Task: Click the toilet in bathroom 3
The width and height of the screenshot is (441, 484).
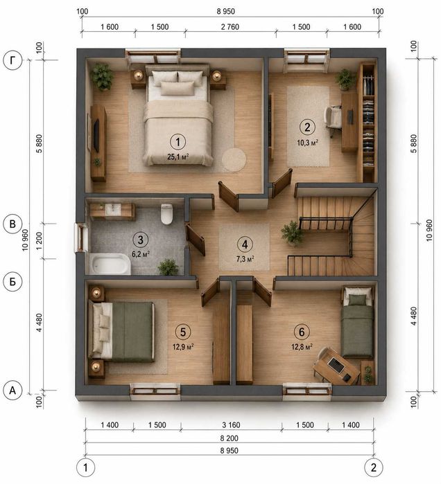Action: click(166, 213)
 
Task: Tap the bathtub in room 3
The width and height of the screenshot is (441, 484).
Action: click(110, 264)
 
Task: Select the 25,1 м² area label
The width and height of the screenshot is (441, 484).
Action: click(178, 156)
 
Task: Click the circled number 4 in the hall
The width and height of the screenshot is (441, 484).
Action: click(245, 244)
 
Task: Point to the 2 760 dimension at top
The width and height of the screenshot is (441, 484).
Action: click(230, 27)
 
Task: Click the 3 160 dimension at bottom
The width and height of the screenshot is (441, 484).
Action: click(231, 424)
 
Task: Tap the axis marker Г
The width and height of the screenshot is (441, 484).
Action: click(12, 60)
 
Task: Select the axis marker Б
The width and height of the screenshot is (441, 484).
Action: click(12, 282)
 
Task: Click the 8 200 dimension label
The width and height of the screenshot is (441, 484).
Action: click(229, 438)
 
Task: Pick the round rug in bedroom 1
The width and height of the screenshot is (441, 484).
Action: click(234, 159)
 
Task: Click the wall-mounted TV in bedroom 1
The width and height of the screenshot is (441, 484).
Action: click(96, 135)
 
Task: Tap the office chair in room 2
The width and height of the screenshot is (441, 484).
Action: click(332, 118)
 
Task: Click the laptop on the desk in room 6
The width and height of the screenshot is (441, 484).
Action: click(336, 365)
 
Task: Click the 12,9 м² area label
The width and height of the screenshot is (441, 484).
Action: click(183, 347)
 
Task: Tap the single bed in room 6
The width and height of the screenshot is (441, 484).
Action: click(357, 322)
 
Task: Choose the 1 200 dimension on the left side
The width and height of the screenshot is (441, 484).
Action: click(40, 241)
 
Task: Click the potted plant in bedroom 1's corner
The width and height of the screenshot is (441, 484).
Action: click(101, 77)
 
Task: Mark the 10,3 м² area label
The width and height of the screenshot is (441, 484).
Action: click(307, 143)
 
